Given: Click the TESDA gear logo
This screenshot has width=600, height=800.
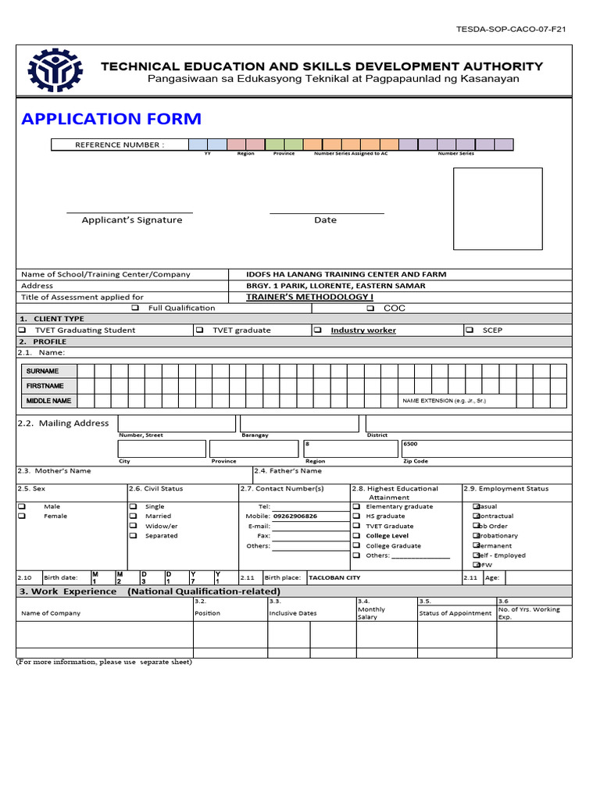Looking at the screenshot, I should [55, 72].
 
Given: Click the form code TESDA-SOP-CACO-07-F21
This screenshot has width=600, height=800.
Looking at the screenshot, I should [511, 29].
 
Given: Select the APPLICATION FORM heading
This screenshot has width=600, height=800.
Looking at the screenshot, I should [111, 119].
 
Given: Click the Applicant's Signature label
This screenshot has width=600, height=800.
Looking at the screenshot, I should [132, 220].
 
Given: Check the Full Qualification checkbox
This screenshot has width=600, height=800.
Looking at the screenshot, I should [135, 308].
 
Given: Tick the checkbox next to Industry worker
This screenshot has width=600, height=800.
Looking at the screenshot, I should [318, 330].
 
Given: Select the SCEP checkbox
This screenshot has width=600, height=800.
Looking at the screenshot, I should [470, 330].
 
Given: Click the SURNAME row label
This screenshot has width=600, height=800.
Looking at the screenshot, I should [42, 371].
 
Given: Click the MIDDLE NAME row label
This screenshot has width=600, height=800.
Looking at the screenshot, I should [48, 401].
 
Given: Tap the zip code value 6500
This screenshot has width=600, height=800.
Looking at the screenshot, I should [410, 444].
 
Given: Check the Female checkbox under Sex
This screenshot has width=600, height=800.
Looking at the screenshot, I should [22, 516].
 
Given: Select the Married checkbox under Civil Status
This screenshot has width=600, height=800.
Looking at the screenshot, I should [133, 516].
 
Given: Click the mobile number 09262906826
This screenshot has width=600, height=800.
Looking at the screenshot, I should [295, 516].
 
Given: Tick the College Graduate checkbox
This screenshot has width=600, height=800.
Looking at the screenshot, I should [356, 546].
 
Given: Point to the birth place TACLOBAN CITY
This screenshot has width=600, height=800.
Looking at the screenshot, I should [334, 578].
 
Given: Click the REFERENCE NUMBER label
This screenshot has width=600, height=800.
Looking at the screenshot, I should [120, 145].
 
